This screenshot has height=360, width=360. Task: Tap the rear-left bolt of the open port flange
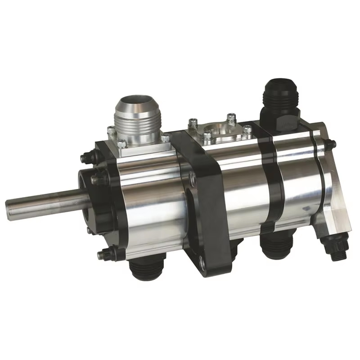(193, 121)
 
